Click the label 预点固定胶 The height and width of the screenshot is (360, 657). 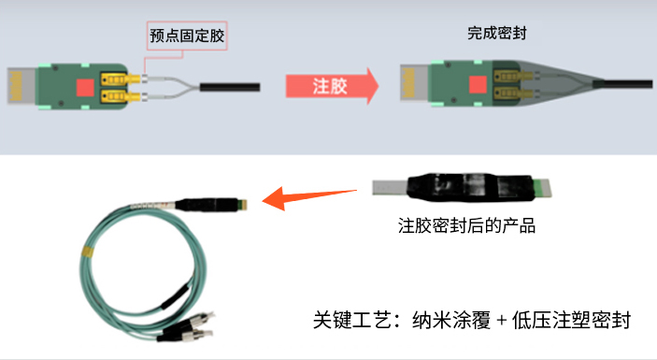point(187,36)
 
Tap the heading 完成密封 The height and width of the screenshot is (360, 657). point(497,33)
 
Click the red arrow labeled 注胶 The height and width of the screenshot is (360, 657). point(332,86)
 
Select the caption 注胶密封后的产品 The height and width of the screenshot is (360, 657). point(466,225)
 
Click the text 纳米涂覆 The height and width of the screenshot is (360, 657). point(451,320)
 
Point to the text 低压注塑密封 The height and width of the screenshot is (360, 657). point(572,320)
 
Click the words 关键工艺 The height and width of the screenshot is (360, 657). point(351,320)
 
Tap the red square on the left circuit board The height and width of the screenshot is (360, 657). point(85,87)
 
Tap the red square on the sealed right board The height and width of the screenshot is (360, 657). point(478,84)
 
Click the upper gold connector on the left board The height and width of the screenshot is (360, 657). point(120,79)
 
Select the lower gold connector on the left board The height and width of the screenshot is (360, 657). point(120,96)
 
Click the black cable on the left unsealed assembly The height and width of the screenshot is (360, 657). point(230,87)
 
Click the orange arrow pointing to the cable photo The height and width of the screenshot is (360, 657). point(309,197)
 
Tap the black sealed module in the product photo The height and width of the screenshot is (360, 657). point(470,187)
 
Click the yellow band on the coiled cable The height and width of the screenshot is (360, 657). point(88,252)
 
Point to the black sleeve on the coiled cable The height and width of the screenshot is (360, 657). point(175,296)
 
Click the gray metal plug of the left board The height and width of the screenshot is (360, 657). point(21,86)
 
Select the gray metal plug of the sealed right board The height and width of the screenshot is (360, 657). point(415,82)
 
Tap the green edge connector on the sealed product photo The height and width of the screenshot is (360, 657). point(542,188)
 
